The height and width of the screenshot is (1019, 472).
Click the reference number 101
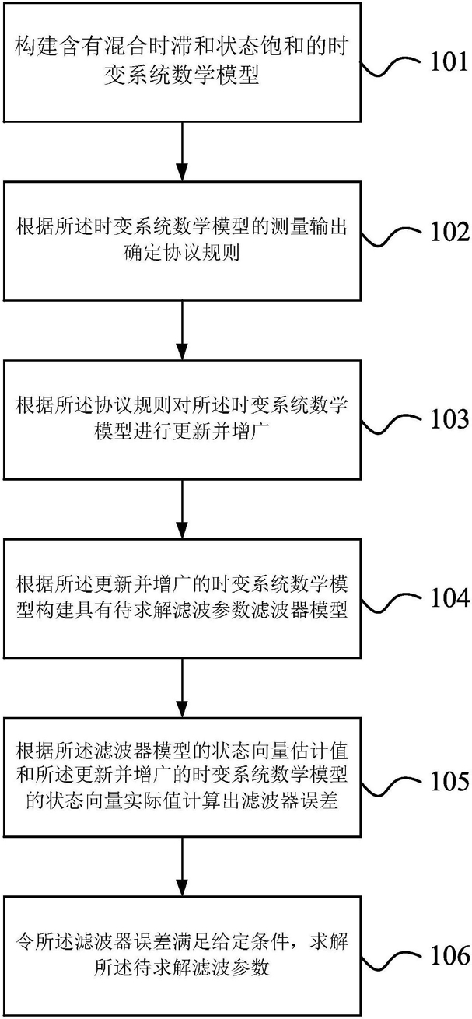(x=449, y=62)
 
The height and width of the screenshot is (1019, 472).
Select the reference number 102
(x=450, y=232)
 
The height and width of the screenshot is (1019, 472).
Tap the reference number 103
(x=450, y=419)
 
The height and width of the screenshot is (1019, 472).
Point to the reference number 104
(x=450, y=597)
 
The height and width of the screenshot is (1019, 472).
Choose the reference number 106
(x=450, y=955)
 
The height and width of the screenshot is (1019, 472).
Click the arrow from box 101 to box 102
(x=182, y=152)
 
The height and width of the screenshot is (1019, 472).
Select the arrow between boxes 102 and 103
(x=182, y=331)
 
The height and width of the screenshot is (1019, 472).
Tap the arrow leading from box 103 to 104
(x=182, y=509)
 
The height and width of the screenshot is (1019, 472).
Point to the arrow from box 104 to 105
(x=182, y=688)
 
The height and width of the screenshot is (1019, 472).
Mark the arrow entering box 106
(x=182, y=867)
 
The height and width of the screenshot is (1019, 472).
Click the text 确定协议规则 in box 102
(x=181, y=253)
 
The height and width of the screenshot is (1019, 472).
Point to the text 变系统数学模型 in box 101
(x=181, y=75)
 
